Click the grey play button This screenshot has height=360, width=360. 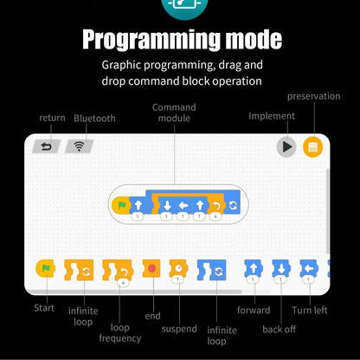pos(286,147)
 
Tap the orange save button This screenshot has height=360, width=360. pos(312,147)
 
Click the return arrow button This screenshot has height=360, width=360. pos(46,146)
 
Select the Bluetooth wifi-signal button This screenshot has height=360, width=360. pos(80,146)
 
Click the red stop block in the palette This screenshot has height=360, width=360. pos(151,268)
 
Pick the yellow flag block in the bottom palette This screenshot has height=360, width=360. pos(46,268)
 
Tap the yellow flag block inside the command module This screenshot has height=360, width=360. pos(121,205)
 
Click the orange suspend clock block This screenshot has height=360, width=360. pos(178,268)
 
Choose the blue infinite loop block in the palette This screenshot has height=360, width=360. pos(212,270)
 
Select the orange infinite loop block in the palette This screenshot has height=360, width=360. pos(79,270)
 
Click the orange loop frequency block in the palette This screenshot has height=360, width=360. pos(118,270)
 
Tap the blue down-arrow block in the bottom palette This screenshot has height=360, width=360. pos(281,268)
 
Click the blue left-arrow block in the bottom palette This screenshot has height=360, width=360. pos(309,268)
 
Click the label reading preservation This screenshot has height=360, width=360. pos(313,96)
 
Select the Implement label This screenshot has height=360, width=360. pos(272,116)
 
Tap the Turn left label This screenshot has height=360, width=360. pos(310,310)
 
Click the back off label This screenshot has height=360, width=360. pos(280,329)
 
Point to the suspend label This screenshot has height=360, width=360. pos(179,329)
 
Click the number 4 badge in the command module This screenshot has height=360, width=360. pos(215,216)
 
